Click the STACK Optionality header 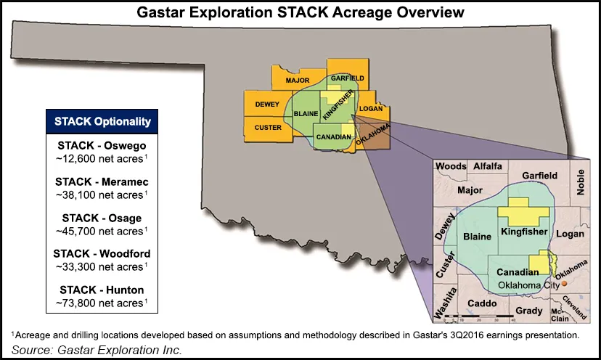[x=102, y=121]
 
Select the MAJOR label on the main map [x=298, y=80]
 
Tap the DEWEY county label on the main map [x=267, y=105]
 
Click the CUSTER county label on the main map [x=268, y=128]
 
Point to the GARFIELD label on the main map [x=347, y=78]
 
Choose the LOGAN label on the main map [x=371, y=109]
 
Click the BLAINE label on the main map [x=306, y=114]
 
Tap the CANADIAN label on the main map [x=333, y=137]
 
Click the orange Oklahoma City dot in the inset [x=564, y=284]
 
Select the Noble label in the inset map [x=580, y=182]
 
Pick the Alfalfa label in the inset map [x=488, y=166]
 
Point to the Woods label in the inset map [x=451, y=166]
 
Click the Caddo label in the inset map [x=482, y=303]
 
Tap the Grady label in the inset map [x=529, y=311]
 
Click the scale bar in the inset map [x=479, y=316]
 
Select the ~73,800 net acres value [x=102, y=303]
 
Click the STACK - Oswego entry [x=102, y=146]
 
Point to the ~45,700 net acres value [x=102, y=232]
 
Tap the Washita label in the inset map [x=446, y=303]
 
